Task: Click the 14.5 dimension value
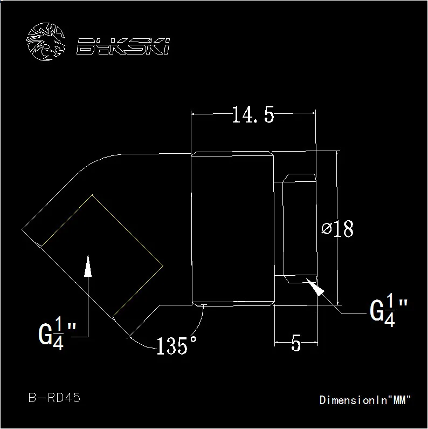(x=253, y=114)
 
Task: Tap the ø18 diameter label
(x=337, y=228)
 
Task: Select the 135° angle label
(x=176, y=345)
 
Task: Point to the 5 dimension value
(x=296, y=343)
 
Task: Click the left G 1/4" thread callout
(x=57, y=333)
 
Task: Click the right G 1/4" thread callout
(x=389, y=310)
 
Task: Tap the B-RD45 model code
(x=54, y=397)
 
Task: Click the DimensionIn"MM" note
(x=365, y=400)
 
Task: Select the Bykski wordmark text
(x=123, y=46)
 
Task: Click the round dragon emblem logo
(x=46, y=42)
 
